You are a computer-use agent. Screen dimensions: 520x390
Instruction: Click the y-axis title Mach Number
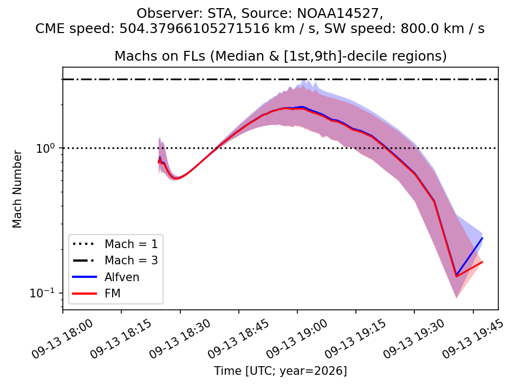(17, 188)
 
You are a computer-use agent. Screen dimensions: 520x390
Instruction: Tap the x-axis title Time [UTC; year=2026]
(280, 370)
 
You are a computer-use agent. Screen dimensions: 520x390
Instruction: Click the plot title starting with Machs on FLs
(281, 56)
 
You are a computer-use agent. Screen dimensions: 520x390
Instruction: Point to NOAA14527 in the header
(338, 13)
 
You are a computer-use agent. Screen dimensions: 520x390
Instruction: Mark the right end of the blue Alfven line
(482, 238)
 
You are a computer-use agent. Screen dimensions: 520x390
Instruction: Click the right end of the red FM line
(482, 262)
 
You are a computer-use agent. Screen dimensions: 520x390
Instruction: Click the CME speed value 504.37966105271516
(194, 29)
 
